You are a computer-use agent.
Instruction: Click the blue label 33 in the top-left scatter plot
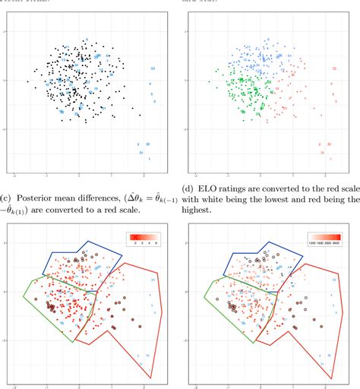tap(153, 68)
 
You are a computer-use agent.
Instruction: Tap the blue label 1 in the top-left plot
tap(149, 159)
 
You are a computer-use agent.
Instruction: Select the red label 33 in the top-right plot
tap(334, 68)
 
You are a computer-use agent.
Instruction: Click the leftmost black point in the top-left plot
tap(27, 81)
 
